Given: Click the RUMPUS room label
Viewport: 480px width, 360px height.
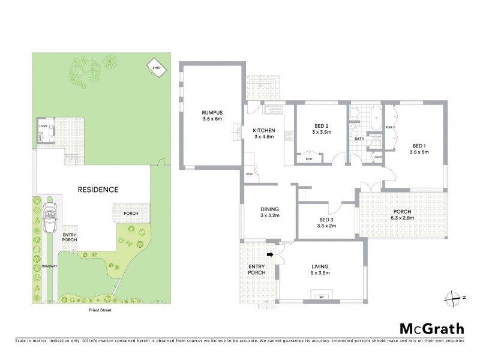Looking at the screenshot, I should [212, 112].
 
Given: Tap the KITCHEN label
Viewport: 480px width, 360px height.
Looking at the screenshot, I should [263, 130].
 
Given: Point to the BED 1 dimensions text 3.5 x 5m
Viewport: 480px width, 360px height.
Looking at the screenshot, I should [418, 152].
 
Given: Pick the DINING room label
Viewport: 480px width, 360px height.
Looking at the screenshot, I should [271, 208].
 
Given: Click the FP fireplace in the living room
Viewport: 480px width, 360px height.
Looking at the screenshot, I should [322, 296].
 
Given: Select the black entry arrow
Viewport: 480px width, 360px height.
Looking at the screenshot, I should [271, 254].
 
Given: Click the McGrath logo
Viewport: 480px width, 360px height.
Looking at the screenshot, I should [432, 328].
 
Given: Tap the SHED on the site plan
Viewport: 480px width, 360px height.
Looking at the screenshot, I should [157, 68].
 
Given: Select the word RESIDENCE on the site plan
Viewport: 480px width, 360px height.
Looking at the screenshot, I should [98, 190].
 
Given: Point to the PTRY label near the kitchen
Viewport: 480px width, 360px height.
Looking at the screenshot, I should [249, 175].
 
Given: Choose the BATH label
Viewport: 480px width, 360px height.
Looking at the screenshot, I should [359, 139].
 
